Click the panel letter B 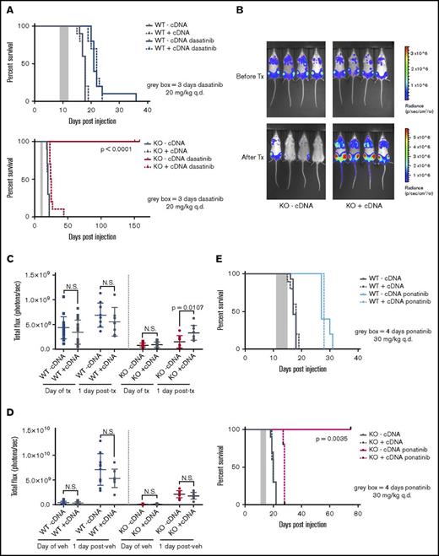231,6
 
